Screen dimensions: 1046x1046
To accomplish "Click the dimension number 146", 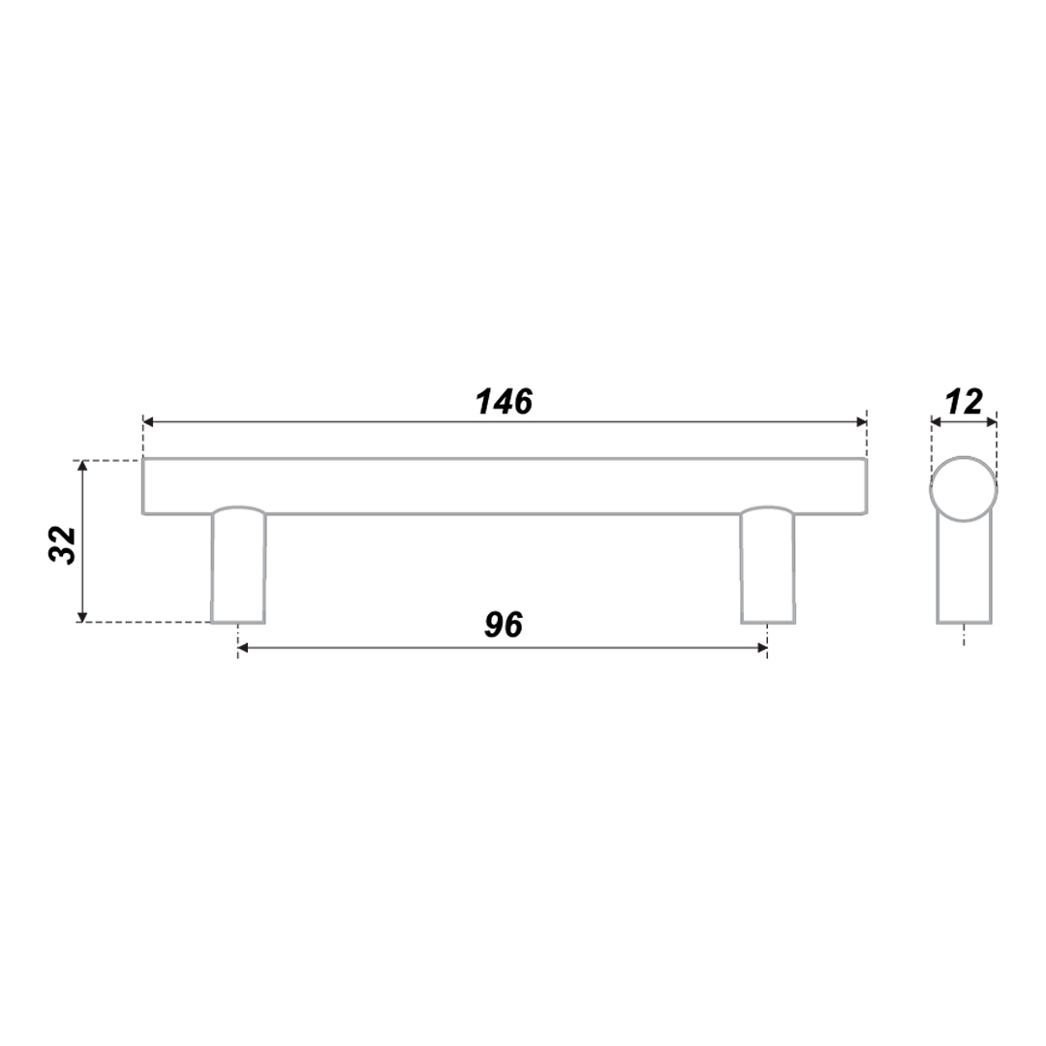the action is [x=505, y=402].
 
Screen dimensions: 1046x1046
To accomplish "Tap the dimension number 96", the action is [x=504, y=625].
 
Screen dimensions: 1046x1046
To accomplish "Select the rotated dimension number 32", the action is [x=63, y=545].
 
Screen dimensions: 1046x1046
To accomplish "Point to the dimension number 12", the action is [x=965, y=402].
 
